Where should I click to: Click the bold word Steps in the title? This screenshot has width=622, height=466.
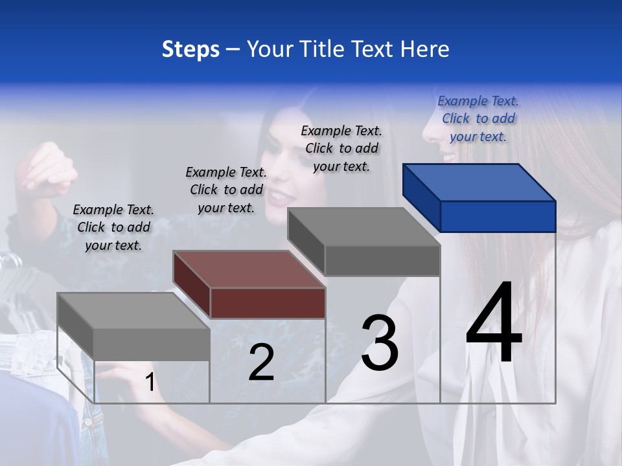coord(190,50)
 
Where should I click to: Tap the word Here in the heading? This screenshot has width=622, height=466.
coord(425,49)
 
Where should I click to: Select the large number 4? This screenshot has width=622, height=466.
coord(494,324)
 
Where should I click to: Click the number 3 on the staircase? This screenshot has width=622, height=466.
coord(380,342)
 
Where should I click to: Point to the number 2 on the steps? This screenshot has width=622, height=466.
coord(261,362)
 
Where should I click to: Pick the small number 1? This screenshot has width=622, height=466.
coord(150,383)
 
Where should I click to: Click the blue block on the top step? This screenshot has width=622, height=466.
coord(479,197)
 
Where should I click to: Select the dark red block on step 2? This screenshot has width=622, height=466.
coord(249,285)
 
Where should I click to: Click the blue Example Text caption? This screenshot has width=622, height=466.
coord(478,118)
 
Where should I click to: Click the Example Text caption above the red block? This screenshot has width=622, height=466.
coord(226,190)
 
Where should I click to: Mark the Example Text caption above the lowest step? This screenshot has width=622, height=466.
coord(113,227)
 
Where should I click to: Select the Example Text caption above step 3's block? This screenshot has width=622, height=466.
coord(341,148)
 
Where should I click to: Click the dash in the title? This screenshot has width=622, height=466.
coord(233,50)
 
